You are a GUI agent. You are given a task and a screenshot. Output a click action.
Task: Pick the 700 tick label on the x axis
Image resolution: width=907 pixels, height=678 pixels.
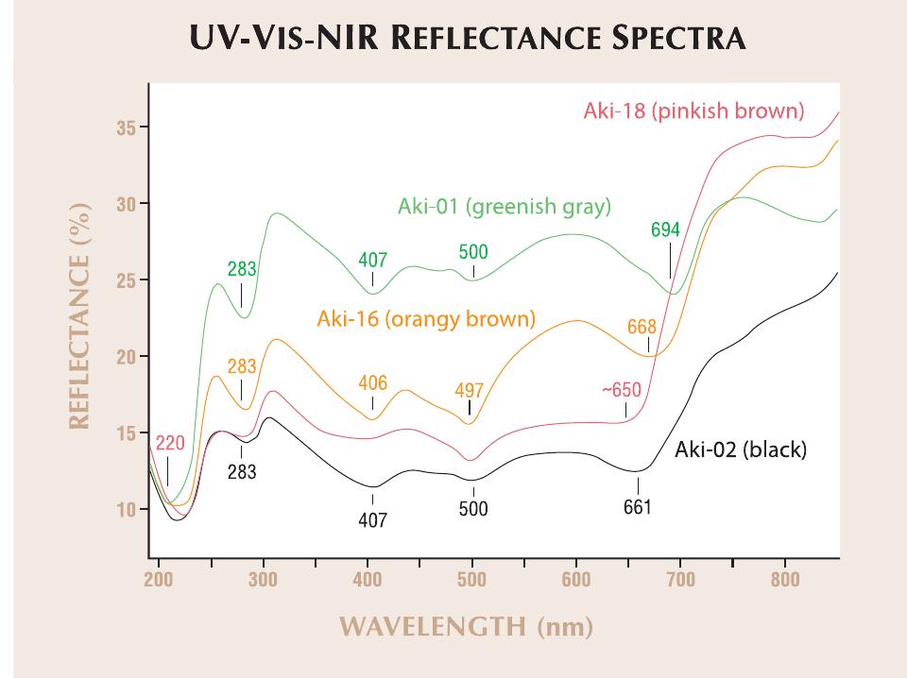tap(680, 579)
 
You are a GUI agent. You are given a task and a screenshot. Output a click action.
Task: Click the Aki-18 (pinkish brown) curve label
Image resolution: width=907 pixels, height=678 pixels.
tap(693, 112)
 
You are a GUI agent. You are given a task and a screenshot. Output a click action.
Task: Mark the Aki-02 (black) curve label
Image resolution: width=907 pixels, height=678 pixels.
tap(740, 449)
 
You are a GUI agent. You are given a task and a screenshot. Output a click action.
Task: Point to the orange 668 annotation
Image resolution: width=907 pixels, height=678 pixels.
tap(642, 328)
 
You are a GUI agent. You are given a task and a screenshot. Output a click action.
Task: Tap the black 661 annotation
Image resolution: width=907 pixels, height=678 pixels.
tap(637, 507)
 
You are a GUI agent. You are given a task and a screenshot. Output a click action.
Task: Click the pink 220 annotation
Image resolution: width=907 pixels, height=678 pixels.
tap(170, 444)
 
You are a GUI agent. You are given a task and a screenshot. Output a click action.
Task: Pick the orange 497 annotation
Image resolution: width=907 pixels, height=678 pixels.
tap(469, 390)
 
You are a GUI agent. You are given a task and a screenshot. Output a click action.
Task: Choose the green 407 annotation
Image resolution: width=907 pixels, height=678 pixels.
tap(372, 260)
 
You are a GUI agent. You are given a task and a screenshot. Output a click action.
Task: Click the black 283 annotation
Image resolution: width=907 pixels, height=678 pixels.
tap(242, 472)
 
